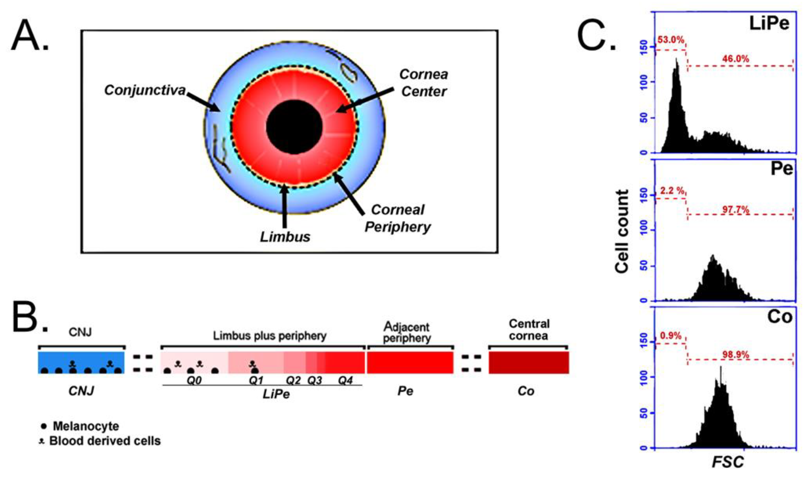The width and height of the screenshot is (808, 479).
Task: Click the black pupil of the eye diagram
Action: click(294, 127)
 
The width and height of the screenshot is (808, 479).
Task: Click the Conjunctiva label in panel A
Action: click(145, 90)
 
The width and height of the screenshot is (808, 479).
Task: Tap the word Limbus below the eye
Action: click(285, 237)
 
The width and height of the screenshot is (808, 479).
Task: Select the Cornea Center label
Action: click(423, 83)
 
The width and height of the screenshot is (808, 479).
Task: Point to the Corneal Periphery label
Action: click(397, 218)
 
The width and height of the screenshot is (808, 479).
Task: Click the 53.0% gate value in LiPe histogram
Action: click(671, 40)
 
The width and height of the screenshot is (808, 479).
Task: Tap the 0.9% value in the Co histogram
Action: click(670, 336)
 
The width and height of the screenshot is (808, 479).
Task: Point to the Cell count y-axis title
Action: click(622, 231)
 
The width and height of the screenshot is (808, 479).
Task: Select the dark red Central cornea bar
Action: click(529, 362)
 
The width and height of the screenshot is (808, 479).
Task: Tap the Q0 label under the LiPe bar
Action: click(194, 381)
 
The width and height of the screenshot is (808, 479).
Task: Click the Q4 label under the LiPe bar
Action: click(345, 381)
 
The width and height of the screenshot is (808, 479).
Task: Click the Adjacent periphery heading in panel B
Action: click(407, 333)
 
